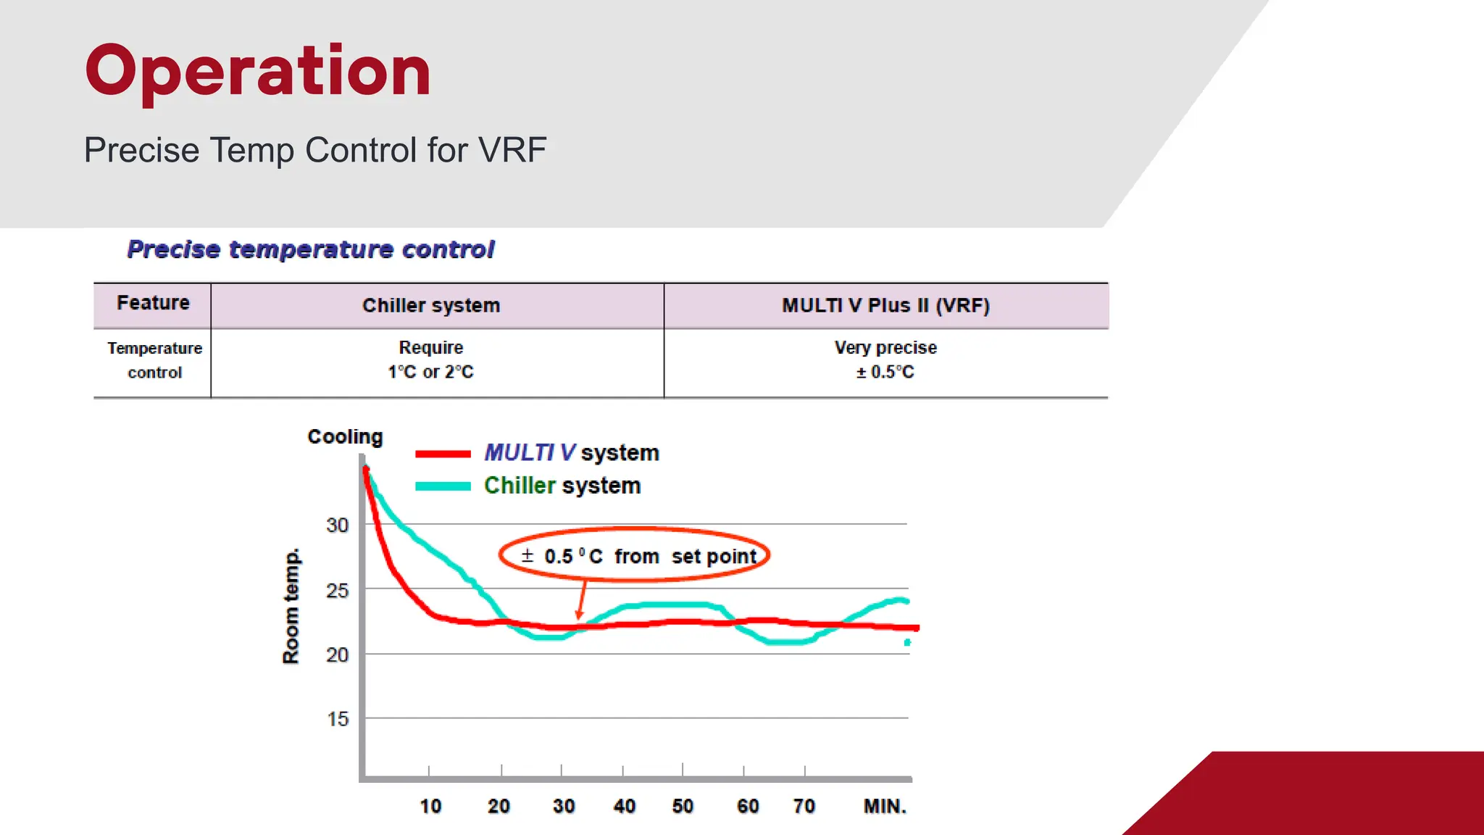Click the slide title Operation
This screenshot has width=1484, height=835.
click(258, 70)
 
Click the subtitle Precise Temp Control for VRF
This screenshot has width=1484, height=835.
click(315, 150)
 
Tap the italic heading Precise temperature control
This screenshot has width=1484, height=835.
click(311, 249)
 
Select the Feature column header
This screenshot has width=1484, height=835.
click(153, 303)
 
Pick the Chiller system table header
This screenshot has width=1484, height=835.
click(431, 305)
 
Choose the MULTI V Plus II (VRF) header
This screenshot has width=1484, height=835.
click(885, 305)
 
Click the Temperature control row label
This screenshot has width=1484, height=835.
click(154, 360)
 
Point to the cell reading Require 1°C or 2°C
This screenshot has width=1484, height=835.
click(430, 360)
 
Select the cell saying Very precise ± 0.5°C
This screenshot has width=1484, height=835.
click(885, 360)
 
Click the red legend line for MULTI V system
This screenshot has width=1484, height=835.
click(443, 454)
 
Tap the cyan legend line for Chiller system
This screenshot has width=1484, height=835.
click(443, 486)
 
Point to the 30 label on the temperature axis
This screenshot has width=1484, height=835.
click(337, 525)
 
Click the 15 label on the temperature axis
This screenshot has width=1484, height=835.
click(337, 719)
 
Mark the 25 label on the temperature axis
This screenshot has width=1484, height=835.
click(337, 591)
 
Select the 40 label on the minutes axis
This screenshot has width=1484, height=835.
click(624, 806)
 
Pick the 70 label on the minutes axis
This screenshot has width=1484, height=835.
click(804, 806)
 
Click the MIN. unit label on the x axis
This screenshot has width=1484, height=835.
click(885, 806)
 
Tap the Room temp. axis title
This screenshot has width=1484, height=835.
click(291, 606)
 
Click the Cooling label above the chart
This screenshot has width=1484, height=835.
click(345, 436)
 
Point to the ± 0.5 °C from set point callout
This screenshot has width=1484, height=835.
click(635, 556)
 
